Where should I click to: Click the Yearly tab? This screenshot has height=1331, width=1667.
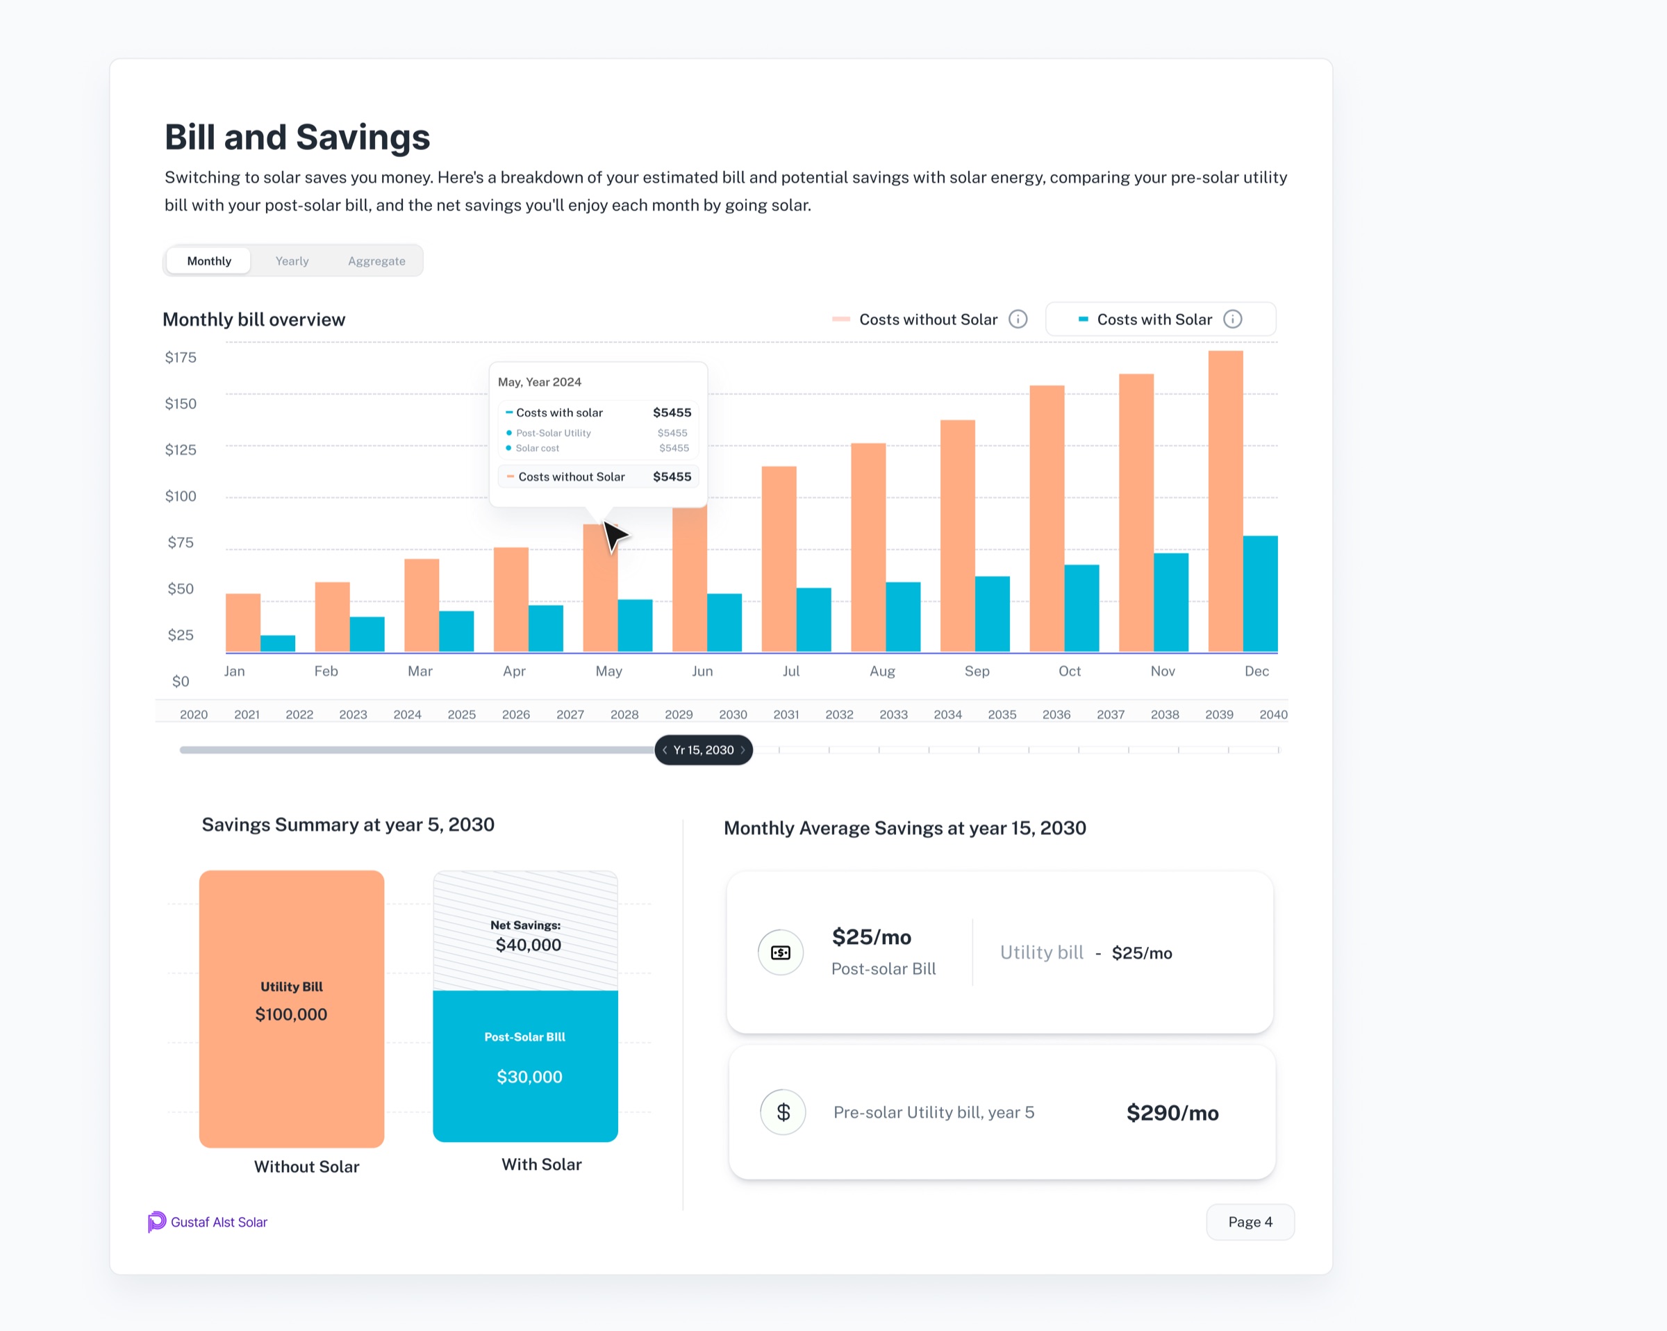coord(292,261)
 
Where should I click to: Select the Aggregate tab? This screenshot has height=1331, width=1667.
coord(376,261)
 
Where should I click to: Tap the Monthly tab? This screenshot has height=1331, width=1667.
coord(209,261)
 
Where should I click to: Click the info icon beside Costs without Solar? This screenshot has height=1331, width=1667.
coord(1018,320)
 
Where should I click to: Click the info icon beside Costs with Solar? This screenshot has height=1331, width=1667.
coord(1232,320)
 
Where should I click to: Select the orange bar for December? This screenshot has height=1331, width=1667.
coord(1225,501)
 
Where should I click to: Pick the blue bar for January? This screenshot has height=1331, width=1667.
coord(278,643)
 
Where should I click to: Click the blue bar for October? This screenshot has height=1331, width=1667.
coord(1081,609)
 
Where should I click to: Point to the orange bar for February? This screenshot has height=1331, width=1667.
coord(333,617)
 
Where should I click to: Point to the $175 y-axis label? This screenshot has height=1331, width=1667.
coord(181,357)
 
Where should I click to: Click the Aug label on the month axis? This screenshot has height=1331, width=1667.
coord(882,671)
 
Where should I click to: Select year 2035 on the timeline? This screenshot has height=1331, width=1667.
coord(1002,715)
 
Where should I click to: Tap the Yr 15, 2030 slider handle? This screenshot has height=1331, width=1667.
coord(704,750)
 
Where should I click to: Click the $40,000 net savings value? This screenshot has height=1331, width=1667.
coord(529,945)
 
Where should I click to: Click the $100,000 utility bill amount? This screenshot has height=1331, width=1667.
coord(292,1015)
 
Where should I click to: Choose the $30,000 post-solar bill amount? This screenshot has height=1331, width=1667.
coord(530,1077)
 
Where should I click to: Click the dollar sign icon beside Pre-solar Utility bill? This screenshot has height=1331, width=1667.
coord(783,1112)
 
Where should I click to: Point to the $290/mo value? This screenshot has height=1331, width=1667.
coord(1172,1113)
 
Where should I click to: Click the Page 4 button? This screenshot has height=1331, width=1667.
coord(1250,1222)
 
